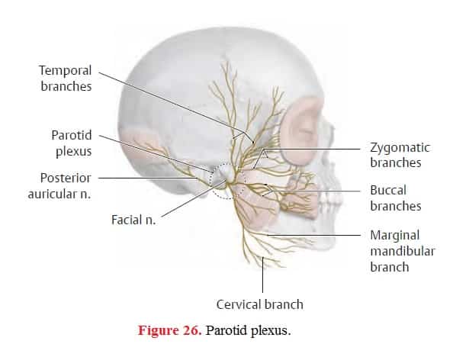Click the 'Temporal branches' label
pos(66,79)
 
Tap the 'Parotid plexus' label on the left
pos(72,143)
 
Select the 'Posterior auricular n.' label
pos(59,186)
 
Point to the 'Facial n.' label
pos(133,220)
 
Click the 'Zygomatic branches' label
pos(400,155)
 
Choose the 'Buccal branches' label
pos(396,198)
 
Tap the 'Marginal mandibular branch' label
pos(403,251)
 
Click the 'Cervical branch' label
pos(259,304)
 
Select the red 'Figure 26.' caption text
pos(169,330)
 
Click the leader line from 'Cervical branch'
pos(262,275)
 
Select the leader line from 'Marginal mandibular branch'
pos(314,235)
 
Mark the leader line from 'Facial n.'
pos(193,198)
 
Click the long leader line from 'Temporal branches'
pos(176,107)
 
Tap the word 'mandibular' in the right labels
pos(403,251)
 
